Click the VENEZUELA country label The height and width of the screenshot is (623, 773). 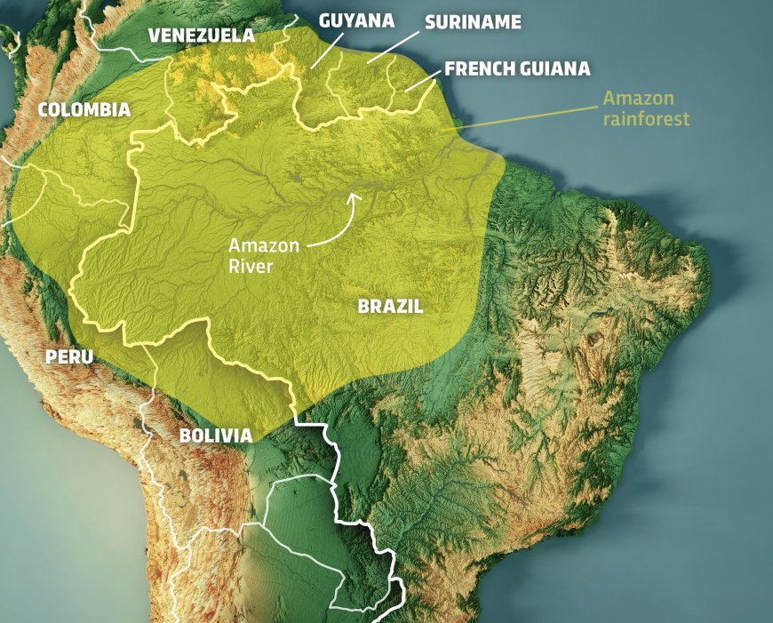pos(201,36)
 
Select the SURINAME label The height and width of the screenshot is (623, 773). pos(473,22)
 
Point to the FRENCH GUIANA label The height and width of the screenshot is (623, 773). pos(517,68)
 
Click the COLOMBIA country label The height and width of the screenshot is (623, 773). pos(84,110)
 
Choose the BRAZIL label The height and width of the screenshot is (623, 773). pos(390,307)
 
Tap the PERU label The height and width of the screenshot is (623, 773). pos(68,357)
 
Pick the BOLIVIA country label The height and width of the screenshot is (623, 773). pos(215,435)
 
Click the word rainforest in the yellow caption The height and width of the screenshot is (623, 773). pos(645,118)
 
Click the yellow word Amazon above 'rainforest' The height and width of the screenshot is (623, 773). pos(638,98)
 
